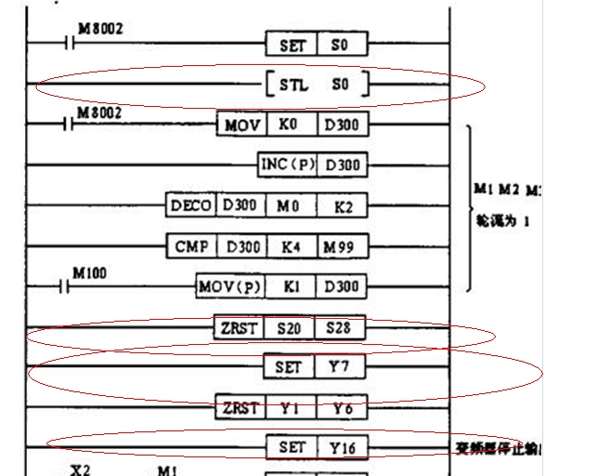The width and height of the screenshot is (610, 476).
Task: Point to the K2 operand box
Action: coord(343,205)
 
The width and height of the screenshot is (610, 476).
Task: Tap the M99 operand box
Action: coord(343,246)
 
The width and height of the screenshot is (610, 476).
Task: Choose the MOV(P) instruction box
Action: coord(229,286)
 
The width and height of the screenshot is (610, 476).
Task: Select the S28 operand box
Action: coord(341,327)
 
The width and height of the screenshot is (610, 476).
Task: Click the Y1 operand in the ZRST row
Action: coord(287,407)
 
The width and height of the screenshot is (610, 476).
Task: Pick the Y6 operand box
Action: coord(341,407)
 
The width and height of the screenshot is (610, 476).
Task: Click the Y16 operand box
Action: coord(343,447)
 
